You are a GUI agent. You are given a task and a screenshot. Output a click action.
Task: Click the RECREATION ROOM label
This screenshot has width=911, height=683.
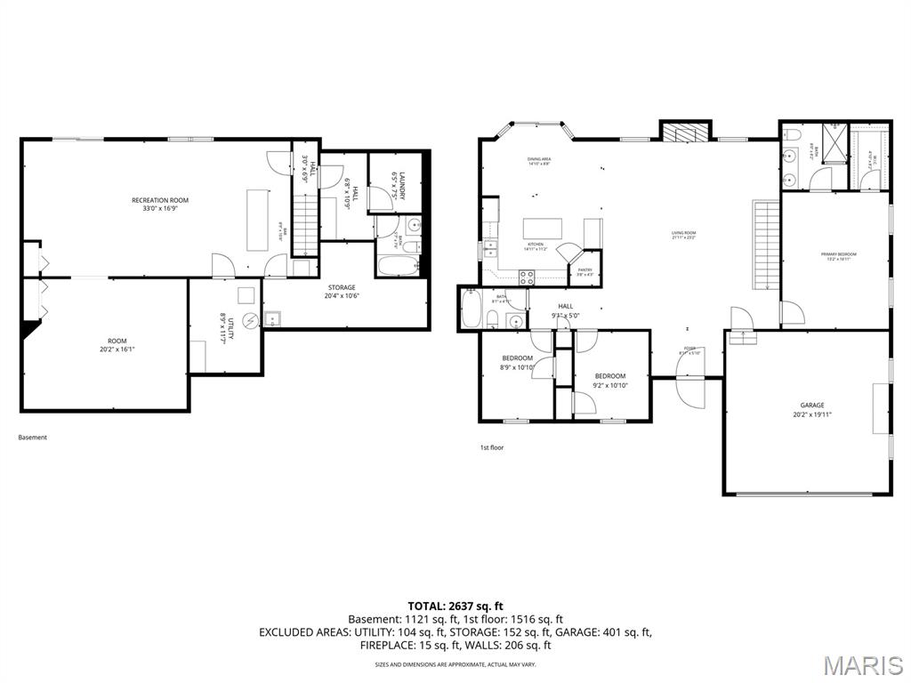point(160,200)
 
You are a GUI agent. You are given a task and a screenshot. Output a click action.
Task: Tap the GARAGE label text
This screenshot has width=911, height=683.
point(811,405)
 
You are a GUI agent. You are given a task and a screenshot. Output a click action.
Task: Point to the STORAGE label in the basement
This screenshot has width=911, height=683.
point(341,287)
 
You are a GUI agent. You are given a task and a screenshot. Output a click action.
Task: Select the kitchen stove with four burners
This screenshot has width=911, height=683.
point(525,277)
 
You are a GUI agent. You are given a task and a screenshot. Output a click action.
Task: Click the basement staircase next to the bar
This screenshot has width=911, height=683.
point(304,222)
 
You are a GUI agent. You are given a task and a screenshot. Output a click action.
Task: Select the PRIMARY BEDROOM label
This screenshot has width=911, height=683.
point(838,255)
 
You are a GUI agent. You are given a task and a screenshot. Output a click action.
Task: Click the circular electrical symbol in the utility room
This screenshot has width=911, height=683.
point(250,321)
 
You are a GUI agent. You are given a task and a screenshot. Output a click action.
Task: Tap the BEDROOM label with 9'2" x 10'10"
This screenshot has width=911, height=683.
point(610,376)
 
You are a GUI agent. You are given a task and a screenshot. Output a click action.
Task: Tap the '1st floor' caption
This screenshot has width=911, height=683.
point(491,447)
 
